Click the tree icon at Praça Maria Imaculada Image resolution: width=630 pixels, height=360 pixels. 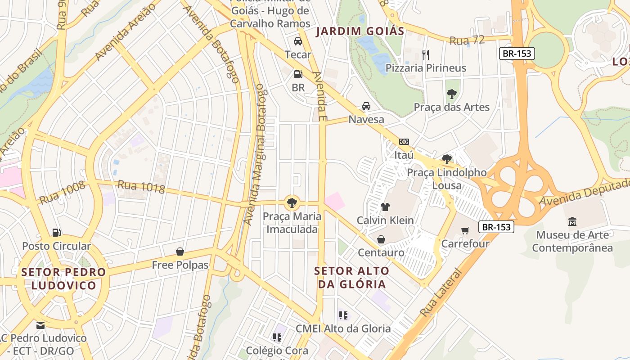(x=292, y=202)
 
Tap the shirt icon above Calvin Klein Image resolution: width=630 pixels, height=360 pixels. (x=385, y=207)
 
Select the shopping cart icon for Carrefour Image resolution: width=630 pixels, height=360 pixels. (x=465, y=230)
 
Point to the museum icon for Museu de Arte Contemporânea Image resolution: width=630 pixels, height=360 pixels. (x=572, y=221)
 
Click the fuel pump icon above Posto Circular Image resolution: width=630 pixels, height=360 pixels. (x=56, y=233)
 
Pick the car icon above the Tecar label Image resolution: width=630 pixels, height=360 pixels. (x=297, y=41)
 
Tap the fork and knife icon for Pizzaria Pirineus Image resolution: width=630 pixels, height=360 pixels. (x=426, y=55)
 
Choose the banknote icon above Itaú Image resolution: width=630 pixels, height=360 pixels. (x=404, y=142)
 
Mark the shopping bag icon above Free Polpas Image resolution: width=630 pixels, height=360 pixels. (x=180, y=251)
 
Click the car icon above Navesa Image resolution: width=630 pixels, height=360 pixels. (x=366, y=106)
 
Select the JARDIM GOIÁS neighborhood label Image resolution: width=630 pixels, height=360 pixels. (x=360, y=31)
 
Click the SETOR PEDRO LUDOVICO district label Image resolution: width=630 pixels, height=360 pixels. (x=63, y=279)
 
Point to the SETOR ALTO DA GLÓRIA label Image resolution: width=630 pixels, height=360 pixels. (x=352, y=277)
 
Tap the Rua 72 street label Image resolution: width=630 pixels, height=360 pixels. (x=467, y=40)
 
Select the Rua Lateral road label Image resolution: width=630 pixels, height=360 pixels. (x=441, y=292)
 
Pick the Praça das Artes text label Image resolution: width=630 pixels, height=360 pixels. (x=451, y=107)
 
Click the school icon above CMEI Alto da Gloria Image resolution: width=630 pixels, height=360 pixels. (x=343, y=315)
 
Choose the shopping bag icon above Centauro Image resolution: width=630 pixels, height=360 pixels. (x=381, y=239)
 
